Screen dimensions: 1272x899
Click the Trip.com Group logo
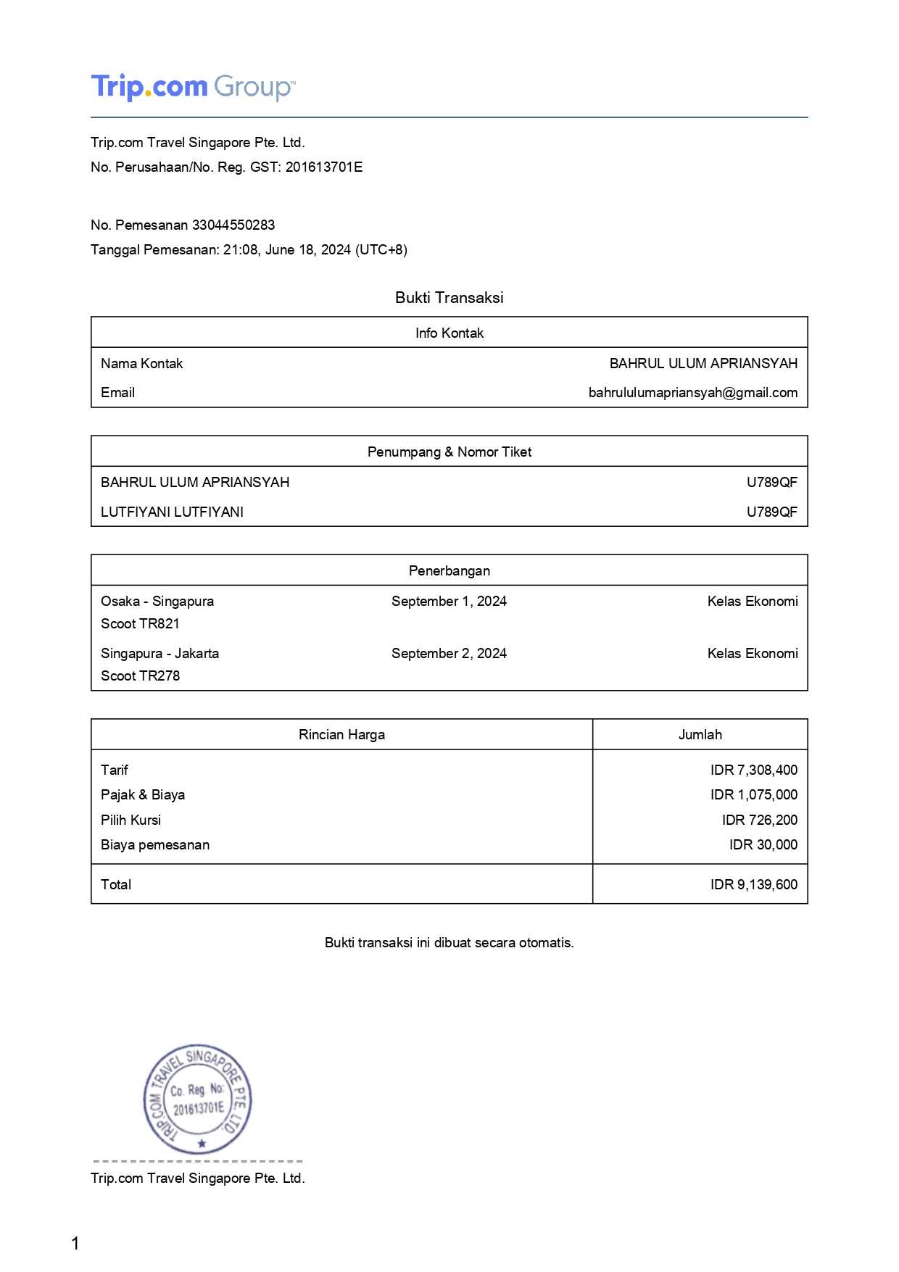[x=192, y=87]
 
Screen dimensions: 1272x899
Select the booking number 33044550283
[x=233, y=225]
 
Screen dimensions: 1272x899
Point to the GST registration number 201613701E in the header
[x=323, y=167]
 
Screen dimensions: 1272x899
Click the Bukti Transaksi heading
[x=449, y=297]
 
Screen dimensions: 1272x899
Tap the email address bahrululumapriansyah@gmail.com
[x=692, y=392]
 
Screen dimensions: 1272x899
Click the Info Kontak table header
[x=449, y=333]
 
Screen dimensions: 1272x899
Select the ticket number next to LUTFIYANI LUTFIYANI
[x=771, y=512]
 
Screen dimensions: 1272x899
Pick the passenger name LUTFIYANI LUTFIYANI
[x=172, y=512]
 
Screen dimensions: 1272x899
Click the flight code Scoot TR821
[x=140, y=623]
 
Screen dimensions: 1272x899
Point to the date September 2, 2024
[x=449, y=653]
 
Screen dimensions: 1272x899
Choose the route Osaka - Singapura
[x=157, y=601]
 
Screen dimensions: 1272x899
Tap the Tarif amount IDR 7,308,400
[x=753, y=770]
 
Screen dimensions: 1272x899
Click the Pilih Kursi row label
[x=130, y=820]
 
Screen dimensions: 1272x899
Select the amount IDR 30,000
[x=763, y=844]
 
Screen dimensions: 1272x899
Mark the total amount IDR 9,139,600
[x=753, y=884]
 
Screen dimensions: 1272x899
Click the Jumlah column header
[x=700, y=734]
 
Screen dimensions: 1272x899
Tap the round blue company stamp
[x=197, y=1100]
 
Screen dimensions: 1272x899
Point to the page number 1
[x=75, y=1244]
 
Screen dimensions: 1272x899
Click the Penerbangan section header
[x=449, y=570]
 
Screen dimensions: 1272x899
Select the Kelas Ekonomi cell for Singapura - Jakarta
[x=752, y=653]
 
